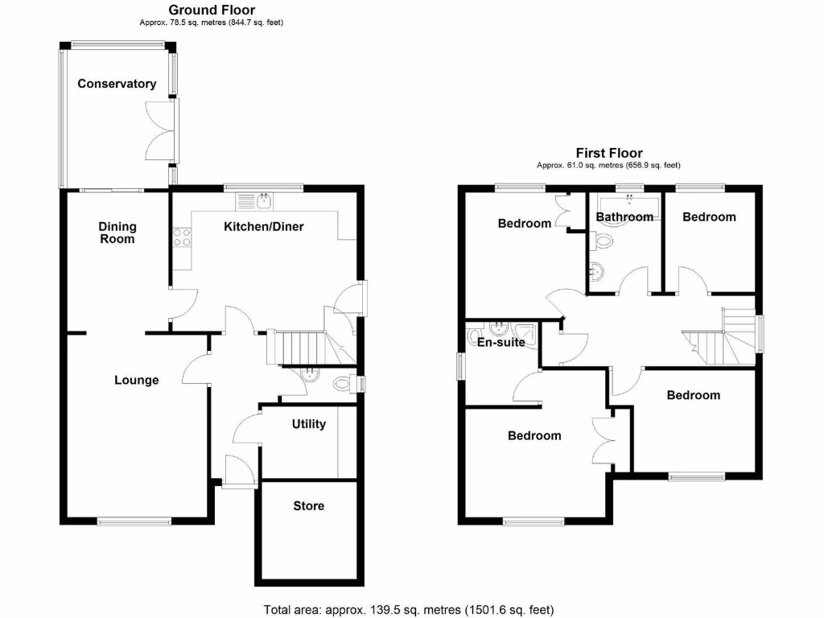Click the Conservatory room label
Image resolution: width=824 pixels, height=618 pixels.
click(x=117, y=84)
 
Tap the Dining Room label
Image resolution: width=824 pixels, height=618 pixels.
click(x=117, y=233)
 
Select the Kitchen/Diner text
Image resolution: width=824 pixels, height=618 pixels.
click(x=264, y=227)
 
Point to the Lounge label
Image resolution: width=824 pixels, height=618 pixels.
click(x=136, y=380)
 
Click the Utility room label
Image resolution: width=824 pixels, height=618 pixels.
click(x=308, y=424)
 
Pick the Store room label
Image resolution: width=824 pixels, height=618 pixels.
click(x=308, y=506)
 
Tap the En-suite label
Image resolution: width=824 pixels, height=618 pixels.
click(x=501, y=343)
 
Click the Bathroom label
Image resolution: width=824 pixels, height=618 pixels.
click(x=624, y=217)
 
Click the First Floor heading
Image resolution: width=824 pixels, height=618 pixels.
click(x=609, y=153)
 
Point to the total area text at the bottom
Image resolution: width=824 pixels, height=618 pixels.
click(x=409, y=609)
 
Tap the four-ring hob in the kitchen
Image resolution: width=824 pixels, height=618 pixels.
click(x=182, y=237)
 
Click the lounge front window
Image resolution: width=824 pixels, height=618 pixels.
click(x=134, y=520)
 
